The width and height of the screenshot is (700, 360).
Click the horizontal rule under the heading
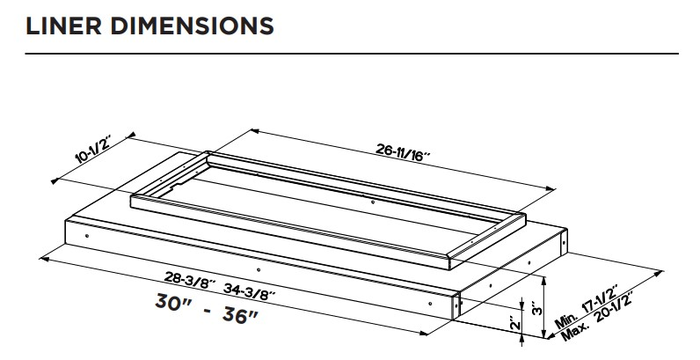coord(350,51)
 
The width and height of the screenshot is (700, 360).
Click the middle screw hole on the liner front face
coord(257,270)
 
